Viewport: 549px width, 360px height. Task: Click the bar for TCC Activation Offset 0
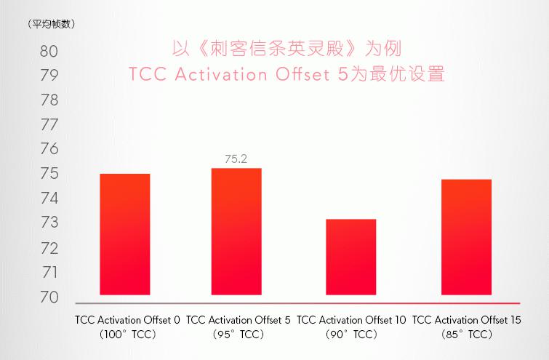click(124, 234)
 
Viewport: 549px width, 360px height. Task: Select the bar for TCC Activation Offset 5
click(236, 231)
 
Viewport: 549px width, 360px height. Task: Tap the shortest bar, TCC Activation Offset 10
click(350, 257)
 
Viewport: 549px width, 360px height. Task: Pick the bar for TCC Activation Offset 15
click(466, 236)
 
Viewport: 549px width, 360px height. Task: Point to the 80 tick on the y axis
click(49, 52)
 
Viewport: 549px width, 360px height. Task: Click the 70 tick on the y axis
click(49, 297)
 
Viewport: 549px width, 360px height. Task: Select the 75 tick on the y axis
click(49, 174)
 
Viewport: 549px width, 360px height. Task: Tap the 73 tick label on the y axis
click(49, 223)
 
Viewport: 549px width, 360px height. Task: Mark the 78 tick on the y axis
click(49, 100)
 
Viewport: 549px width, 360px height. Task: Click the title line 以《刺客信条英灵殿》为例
click(285, 49)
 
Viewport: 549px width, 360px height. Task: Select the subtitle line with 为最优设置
click(285, 75)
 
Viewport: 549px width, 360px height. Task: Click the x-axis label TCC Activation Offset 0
click(127, 319)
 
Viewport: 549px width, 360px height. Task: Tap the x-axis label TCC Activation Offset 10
click(351, 319)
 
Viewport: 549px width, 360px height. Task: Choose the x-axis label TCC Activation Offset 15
click(466, 319)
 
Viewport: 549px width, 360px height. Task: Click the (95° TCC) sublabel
click(239, 335)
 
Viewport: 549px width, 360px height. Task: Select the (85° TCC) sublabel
click(466, 335)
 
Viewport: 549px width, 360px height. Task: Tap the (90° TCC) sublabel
click(351, 335)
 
